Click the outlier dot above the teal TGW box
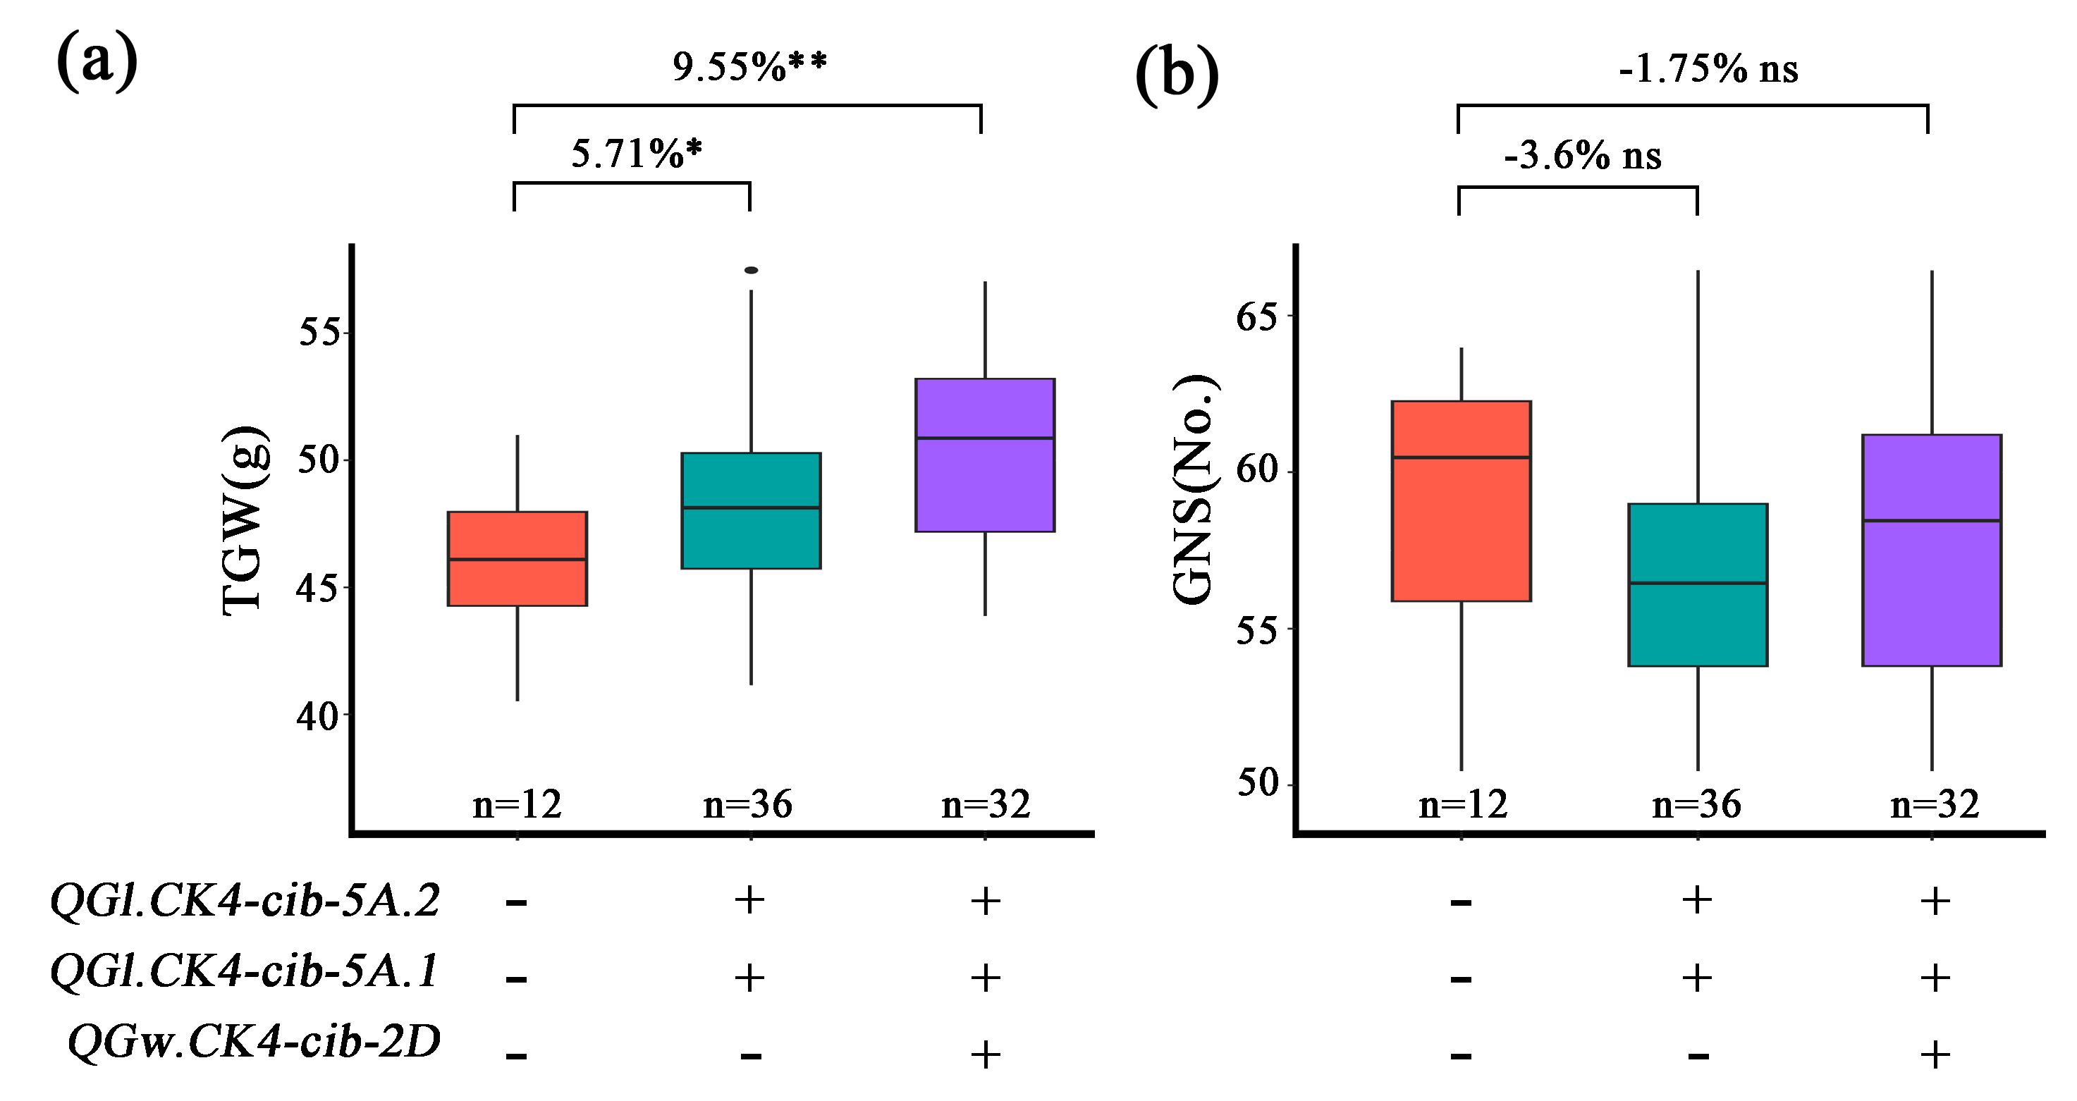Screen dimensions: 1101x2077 pyautogui.click(x=751, y=270)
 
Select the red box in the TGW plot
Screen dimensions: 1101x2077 pyautogui.click(x=517, y=558)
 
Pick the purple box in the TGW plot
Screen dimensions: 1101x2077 pyautogui.click(x=984, y=455)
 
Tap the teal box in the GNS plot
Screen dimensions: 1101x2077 pyautogui.click(x=1697, y=584)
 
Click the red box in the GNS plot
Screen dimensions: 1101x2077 pyautogui.click(x=1461, y=500)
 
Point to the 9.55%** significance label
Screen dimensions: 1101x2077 pyautogui.click(x=749, y=67)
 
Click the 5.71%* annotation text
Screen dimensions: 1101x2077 pyautogui.click(x=636, y=153)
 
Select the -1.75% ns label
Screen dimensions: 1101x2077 pyautogui.click(x=1708, y=69)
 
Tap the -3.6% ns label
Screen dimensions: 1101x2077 pyautogui.click(x=1582, y=156)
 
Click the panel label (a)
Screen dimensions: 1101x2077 pyautogui.click(x=97, y=61)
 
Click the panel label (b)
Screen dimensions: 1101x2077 pyautogui.click(x=1177, y=74)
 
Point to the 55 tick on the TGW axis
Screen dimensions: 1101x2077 pyautogui.click(x=320, y=331)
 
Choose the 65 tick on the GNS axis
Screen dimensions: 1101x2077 pyautogui.click(x=1258, y=316)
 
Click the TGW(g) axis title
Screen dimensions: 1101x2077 pyautogui.click(x=243, y=521)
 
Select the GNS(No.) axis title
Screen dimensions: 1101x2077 pyautogui.click(x=1194, y=490)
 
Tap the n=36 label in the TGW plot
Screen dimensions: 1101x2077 pyautogui.click(x=747, y=804)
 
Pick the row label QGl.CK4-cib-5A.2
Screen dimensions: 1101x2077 pyautogui.click(x=245, y=900)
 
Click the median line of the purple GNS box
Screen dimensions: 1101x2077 pyautogui.click(x=1931, y=521)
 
